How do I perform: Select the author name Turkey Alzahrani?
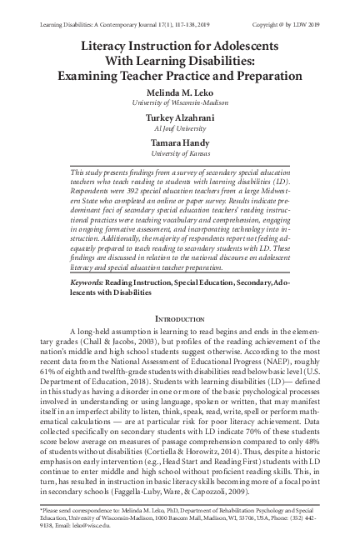tap(180, 119)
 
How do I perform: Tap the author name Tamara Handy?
tap(180, 143)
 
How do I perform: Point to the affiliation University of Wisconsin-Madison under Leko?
tap(180, 103)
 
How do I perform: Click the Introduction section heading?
tap(180, 296)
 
